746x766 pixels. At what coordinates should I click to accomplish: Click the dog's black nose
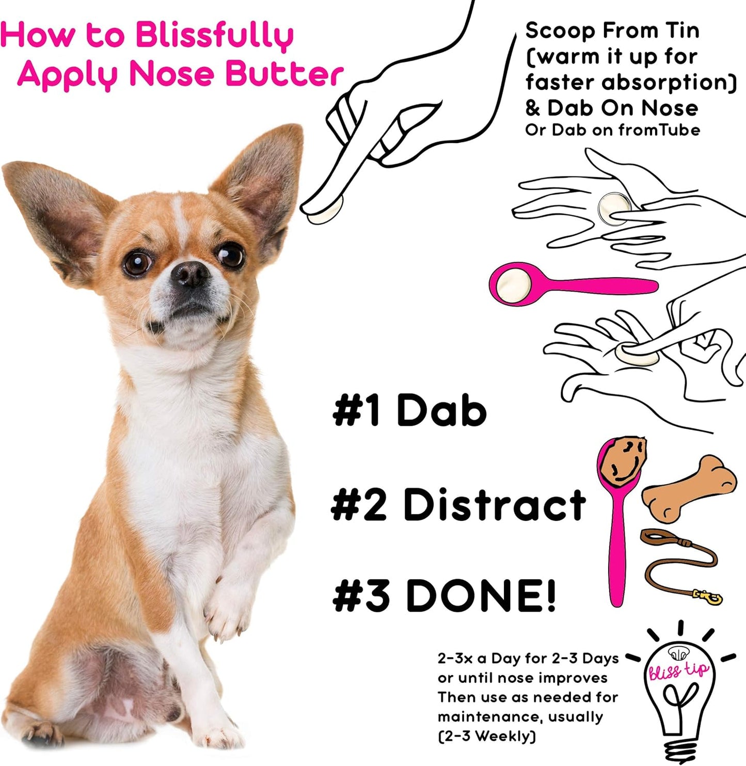[190, 274]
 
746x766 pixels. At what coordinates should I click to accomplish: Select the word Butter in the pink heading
[284, 74]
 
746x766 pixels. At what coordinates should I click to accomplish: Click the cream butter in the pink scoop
[513, 283]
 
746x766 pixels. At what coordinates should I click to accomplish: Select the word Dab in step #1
[441, 410]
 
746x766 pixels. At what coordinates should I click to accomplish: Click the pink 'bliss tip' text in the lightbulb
[679, 671]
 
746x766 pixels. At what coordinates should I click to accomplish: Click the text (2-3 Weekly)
[487, 736]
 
